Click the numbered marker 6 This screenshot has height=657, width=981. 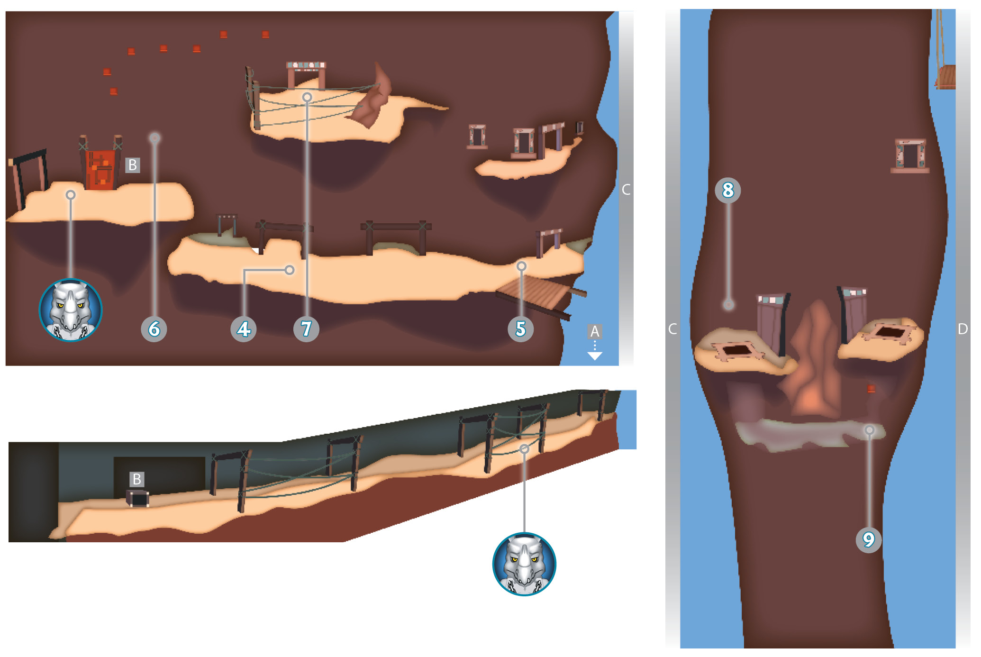coord(154,329)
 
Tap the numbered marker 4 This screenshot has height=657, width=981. coord(244,329)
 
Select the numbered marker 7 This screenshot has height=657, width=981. coord(306,329)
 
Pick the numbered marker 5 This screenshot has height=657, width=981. coord(521,329)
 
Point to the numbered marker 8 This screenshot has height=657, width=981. coord(728,190)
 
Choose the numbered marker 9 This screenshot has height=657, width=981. coord(869,539)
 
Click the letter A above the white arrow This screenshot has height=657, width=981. coord(595,331)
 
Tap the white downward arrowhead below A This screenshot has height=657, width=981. coord(595,356)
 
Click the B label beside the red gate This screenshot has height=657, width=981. coord(133,165)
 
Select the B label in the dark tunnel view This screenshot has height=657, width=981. coord(136,479)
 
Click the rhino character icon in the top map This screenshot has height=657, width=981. coord(71,310)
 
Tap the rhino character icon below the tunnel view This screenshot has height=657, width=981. coord(524,564)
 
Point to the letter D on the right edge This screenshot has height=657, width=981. coord(963,329)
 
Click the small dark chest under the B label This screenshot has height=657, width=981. coord(137,499)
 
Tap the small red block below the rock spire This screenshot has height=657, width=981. coord(871,389)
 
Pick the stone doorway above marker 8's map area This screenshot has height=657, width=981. coord(910,156)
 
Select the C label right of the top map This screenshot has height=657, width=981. coord(626,190)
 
